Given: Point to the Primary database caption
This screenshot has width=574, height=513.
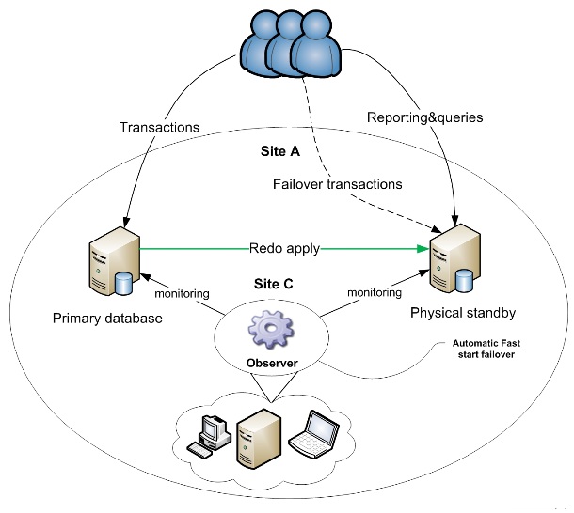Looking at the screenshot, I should coord(109,319).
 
